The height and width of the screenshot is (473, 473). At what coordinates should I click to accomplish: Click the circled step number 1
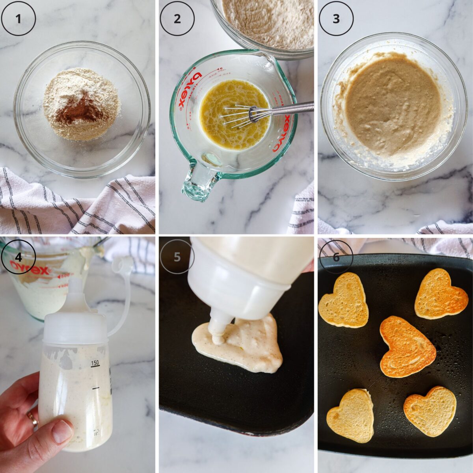pos(18,19)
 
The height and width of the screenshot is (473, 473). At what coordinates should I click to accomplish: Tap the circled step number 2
pos(177,19)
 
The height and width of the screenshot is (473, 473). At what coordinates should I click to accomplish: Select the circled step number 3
pos(336,19)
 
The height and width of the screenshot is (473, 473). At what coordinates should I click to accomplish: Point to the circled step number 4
pos(18,257)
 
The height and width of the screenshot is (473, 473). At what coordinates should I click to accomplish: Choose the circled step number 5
pos(177,257)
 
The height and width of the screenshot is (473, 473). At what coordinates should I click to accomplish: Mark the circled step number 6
pos(336,257)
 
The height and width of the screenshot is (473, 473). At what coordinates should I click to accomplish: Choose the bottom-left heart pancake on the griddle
pos(351,415)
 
